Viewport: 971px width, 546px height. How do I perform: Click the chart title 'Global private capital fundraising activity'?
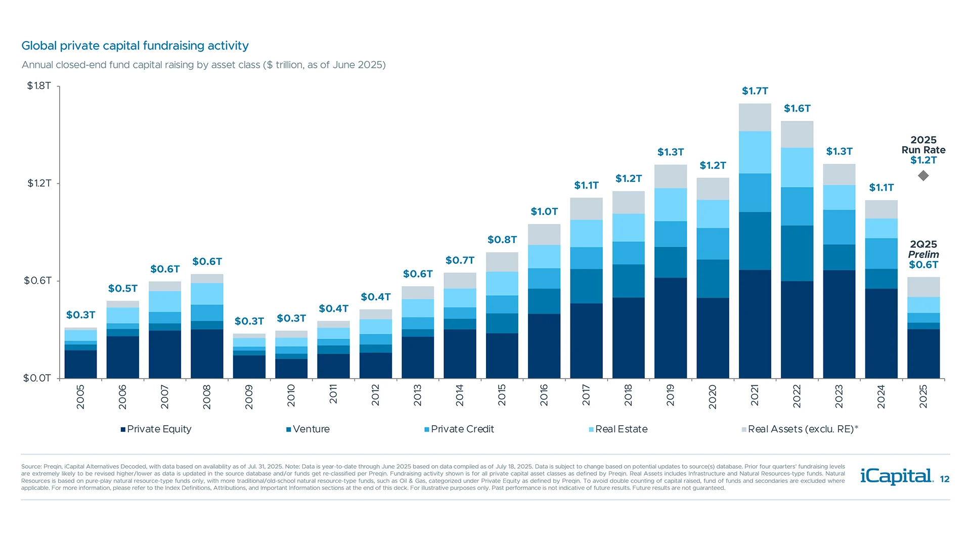pyautogui.click(x=135, y=46)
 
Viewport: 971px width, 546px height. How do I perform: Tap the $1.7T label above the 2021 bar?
pyautogui.click(x=755, y=91)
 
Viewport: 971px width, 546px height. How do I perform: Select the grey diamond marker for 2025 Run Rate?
pyautogui.click(x=923, y=176)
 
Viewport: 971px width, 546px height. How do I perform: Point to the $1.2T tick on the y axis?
pyautogui.click(x=39, y=183)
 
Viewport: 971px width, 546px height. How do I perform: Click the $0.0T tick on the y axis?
pyautogui.click(x=37, y=378)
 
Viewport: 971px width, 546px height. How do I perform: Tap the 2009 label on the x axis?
pyautogui.click(x=249, y=397)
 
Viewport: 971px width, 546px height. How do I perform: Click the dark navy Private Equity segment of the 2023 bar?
pyautogui.click(x=838, y=324)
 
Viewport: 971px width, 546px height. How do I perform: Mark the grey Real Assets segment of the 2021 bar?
pyautogui.click(x=755, y=117)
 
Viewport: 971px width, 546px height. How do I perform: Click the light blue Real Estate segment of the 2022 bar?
pyautogui.click(x=797, y=167)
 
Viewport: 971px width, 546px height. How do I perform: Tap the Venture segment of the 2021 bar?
pyautogui.click(x=755, y=241)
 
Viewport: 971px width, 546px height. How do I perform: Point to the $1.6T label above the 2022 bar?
pyautogui.click(x=797, y=109)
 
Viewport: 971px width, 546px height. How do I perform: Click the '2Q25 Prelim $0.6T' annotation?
pyautogui.click(x=923, y=254)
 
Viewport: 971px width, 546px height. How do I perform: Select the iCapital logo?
pyautogui.click(x=896, y=476)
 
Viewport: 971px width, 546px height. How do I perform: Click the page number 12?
pyautogui.click(x=944, y=479)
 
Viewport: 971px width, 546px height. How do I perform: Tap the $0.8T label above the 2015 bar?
pyautogui.click(x=502, y=240)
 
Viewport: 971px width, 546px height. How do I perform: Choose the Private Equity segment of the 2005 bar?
pyautogui.click(x=80, y=364)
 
